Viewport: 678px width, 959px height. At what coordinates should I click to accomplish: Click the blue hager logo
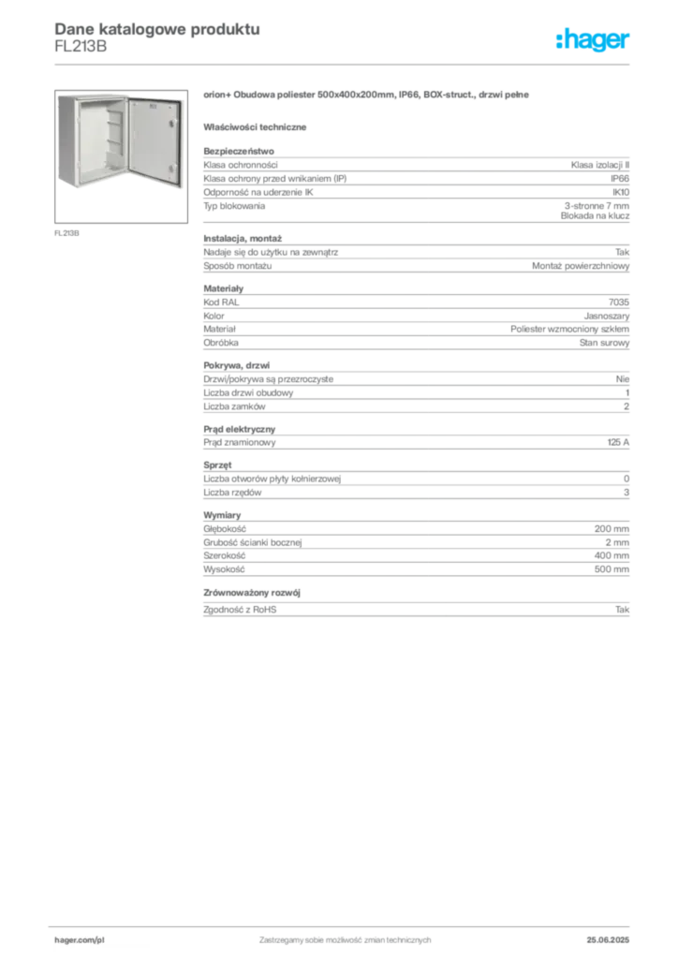[594, 40]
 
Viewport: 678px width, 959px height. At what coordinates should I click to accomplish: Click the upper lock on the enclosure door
[170, 123]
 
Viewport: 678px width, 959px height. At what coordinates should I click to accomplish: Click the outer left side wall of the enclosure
[65, 140]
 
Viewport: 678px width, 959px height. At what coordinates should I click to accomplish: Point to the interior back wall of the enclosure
[95, 140]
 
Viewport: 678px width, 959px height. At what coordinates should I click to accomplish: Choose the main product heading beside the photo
[366, 96]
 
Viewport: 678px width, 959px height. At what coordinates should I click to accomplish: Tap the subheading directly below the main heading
[258, 125]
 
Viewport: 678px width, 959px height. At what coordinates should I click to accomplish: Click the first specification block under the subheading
[416, 184]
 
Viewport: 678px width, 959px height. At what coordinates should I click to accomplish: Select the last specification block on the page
[416, 566]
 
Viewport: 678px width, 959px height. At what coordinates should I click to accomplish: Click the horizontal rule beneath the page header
[344, 64]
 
